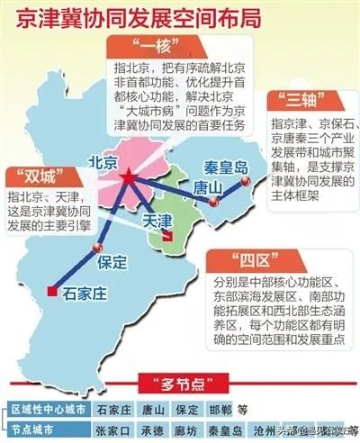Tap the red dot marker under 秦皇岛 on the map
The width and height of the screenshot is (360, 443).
241,180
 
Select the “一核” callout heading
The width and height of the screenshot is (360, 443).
143,44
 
